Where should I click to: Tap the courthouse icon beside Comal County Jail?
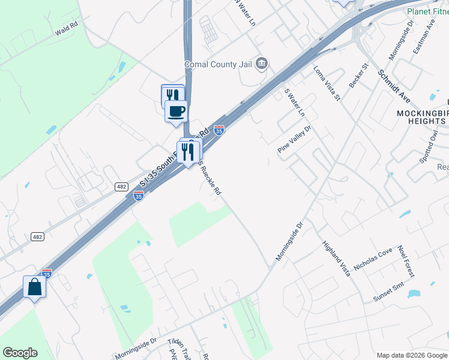(262, 64)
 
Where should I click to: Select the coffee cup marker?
(176, 112)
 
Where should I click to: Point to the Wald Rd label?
(66, 28)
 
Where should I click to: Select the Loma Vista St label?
(327, 83)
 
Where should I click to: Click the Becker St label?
(358, 74)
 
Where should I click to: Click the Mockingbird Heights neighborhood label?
(421, 117)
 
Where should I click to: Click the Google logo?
(20, 353)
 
